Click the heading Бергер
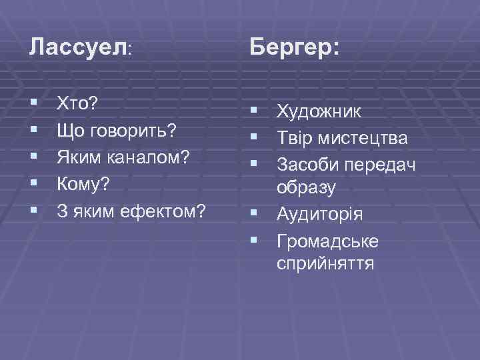click(x=294, y=47)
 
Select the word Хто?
click(x=77, y=103)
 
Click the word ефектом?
click(x=164, y=211)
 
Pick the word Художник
click(x=320, y=111)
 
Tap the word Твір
click(x=295, y=137)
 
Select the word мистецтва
click(x=366, y=137)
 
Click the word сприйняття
click(x=325, y=264)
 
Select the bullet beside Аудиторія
click(x=254, y=214)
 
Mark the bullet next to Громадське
click(x=254, y=240)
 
